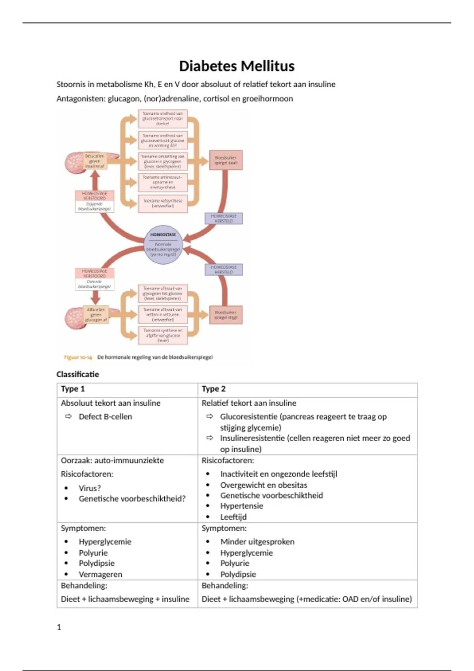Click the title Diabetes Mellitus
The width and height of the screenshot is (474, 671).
point(237,66)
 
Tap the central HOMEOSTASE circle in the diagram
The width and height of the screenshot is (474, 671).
point(163,245)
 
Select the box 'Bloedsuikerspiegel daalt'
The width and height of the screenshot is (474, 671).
point(226,160)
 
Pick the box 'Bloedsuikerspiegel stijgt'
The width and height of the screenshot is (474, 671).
point(226,315)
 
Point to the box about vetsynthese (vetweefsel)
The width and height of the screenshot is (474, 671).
point(163,203)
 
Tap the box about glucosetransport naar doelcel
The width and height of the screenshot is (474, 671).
point(163,118)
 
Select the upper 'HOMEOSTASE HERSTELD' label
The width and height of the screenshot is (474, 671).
point(224,218)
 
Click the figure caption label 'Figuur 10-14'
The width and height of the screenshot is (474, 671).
point(78,357)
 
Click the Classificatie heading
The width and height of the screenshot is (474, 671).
point(78,374)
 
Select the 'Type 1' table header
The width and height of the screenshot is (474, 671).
point(73,389)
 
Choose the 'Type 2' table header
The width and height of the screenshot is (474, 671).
point(213,389)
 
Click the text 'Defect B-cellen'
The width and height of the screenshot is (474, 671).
point(105,416)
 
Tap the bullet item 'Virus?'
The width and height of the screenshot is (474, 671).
point(90,488)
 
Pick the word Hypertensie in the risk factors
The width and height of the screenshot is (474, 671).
point(242,506)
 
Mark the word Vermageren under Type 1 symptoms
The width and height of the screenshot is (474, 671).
point(100,574)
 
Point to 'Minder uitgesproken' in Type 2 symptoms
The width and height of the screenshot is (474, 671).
point(257,542)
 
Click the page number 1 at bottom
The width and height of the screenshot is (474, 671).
point(59,627)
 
